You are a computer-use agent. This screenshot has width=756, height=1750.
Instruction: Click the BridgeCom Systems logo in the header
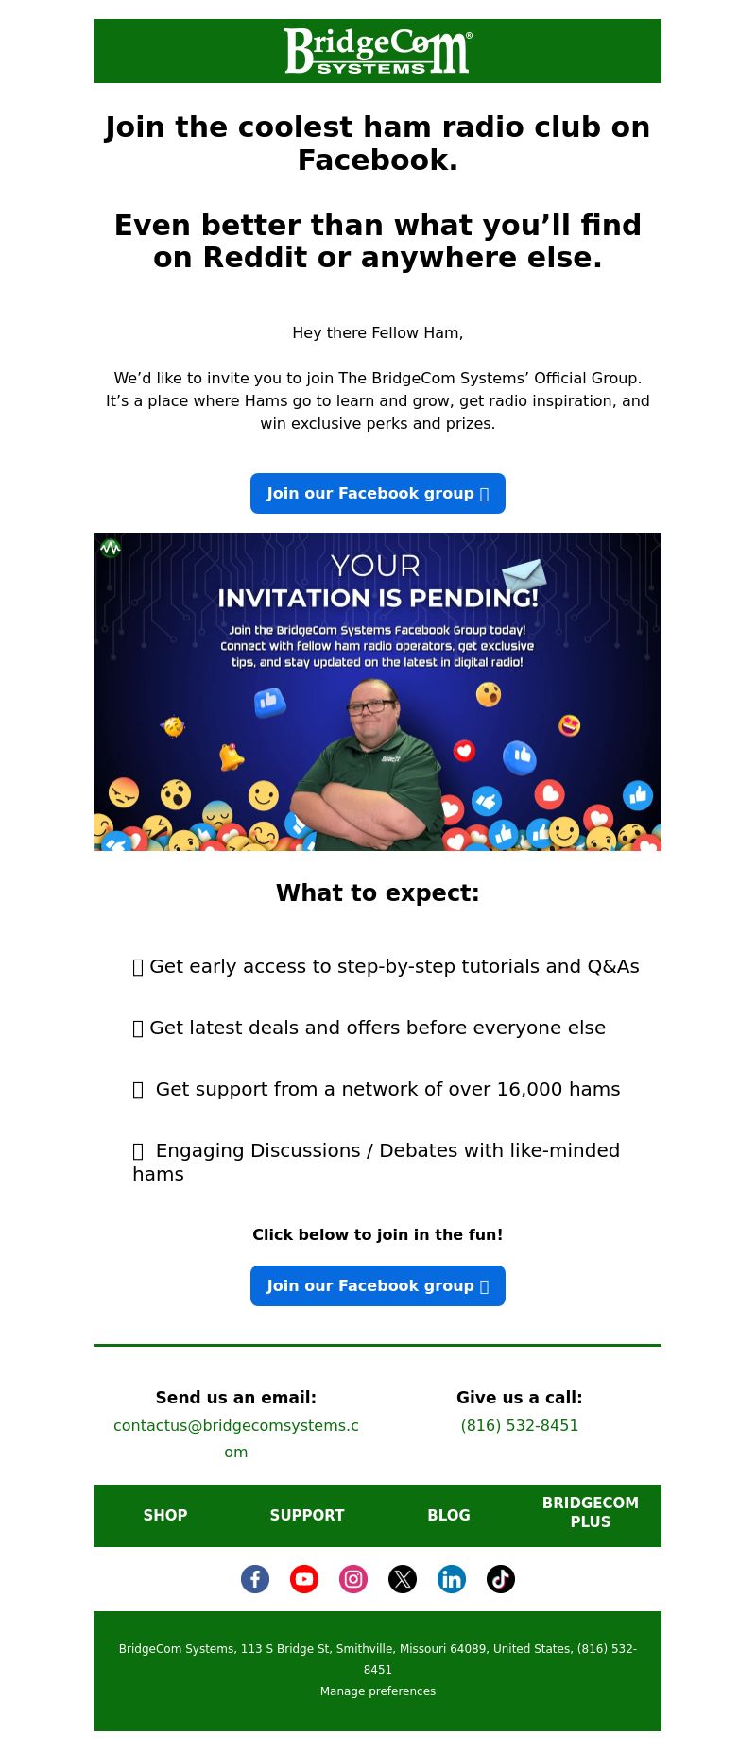[377, 51]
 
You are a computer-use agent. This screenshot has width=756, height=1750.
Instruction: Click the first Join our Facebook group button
[378, 494]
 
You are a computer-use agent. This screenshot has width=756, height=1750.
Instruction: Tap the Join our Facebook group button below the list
[378, 1286]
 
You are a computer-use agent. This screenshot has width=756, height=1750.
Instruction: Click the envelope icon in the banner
[524, 574]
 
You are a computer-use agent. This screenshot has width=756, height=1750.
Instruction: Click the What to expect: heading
[378, 893]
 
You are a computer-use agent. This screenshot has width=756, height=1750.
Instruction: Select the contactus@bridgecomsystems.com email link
[236, 1438]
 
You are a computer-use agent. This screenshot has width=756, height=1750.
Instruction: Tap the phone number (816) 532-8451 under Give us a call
[520, 1425]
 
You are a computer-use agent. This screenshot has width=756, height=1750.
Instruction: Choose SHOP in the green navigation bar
[165, 1515]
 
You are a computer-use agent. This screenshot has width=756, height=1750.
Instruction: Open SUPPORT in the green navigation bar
[307, 1515]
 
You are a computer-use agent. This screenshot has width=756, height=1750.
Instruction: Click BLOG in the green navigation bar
[449, 1515]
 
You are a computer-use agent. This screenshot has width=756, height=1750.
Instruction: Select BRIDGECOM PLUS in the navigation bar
[591, 1512]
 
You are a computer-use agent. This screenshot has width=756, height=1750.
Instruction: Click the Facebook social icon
[255, 1579]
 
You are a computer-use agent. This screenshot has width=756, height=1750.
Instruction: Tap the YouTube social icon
[304, 1579]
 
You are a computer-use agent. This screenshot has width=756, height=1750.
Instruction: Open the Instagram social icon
[353, 1579]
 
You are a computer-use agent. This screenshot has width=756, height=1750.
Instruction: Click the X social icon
[403, 1579]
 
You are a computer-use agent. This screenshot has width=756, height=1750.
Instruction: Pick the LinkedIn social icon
[452, 1579]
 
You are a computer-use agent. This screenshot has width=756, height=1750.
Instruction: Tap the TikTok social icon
[501, 1579]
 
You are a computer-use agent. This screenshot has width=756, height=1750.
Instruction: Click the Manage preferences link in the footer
[378, 1691]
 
